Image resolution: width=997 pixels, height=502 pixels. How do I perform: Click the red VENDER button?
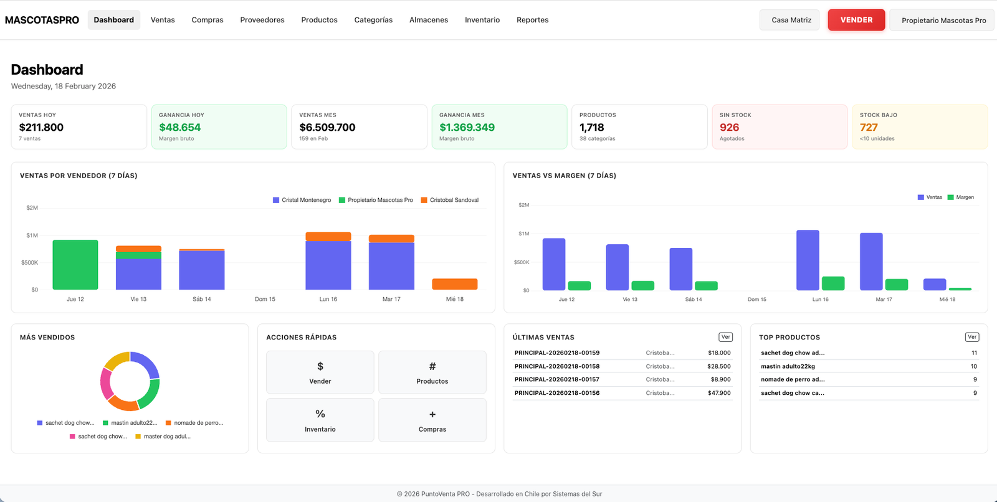coord(856,20)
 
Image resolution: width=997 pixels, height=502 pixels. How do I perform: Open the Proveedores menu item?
coord(262,20)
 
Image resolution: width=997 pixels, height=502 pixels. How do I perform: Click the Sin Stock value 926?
coord(729,127)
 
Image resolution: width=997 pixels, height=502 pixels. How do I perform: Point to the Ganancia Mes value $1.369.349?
coord(467,127)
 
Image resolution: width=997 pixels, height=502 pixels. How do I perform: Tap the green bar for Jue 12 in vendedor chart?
coord(75,265)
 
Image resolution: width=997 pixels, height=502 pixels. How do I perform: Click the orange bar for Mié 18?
coord(455,284)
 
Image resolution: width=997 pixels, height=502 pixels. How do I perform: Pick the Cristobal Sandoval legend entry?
coord(450,200)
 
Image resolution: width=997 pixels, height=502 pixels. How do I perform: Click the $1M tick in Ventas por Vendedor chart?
coord(32,235)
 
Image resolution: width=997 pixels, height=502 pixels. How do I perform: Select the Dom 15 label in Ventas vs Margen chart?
coord(756,300)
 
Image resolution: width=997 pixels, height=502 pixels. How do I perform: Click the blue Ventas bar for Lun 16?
coord(808,260)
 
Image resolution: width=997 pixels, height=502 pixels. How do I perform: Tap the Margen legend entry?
coord(961,197)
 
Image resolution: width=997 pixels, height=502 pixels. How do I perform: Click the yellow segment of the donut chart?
coord(117,359)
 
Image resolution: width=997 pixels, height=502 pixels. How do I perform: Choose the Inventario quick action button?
coord(320,420)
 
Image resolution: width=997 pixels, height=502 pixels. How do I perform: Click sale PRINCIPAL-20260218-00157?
coord(556,379)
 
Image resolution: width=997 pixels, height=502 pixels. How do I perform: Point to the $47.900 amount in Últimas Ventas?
coord(719,393)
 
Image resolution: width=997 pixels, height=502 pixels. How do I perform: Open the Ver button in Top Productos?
coord(971,337)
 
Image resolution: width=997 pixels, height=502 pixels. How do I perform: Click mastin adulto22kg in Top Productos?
coord(788,366)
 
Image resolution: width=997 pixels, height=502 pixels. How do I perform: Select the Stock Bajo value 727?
coord(869,127)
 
